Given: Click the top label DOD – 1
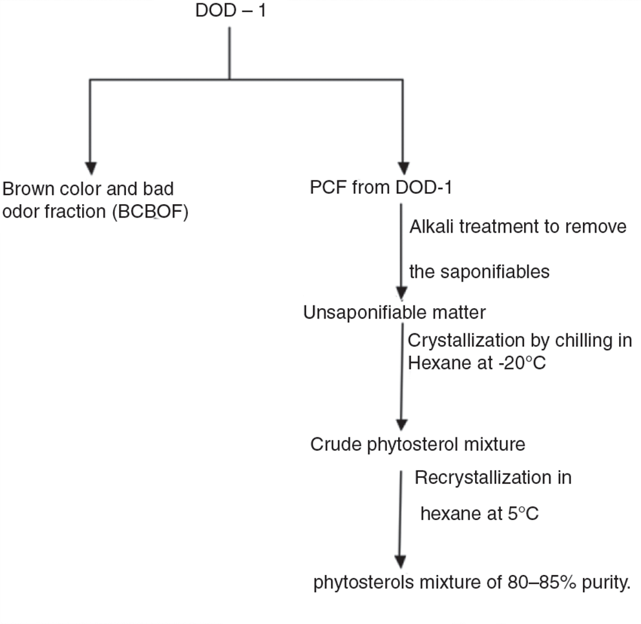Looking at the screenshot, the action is tap(231, 10).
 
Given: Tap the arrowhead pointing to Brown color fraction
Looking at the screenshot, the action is tap(90, 169).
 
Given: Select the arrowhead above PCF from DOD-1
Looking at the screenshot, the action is tap(403, 169).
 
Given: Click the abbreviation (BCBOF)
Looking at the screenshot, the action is tap(151, 212).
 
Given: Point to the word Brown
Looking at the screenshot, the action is tap(28, 189).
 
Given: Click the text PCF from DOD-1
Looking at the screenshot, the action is tap(381, 187).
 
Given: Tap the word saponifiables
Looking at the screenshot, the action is tap(495, 272).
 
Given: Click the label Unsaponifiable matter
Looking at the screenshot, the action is tap(395, 313).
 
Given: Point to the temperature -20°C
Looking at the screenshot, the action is tap(522, 363).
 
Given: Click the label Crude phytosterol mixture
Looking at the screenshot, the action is tap(418, 444).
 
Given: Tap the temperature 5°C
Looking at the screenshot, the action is tap(523, 514).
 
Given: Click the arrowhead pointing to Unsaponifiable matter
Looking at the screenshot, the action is tap(402, 293).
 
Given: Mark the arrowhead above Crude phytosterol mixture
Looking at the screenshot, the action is tap(402, 424).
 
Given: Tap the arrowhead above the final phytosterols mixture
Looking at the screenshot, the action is tap(401, 561).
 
